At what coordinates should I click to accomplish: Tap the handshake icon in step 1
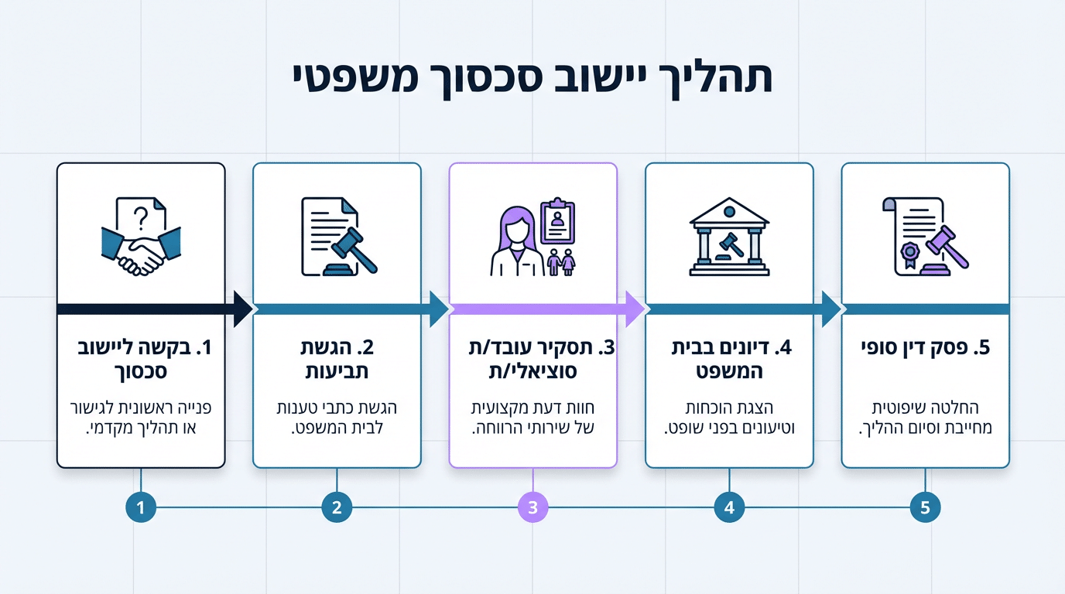pyautogui.click(x=142, y=253)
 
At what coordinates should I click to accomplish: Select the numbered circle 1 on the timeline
pyautogui.click(x=141, y=508)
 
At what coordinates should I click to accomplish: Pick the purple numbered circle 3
pyautogui.click(x=532, y=508)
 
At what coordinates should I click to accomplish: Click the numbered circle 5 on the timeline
pyautogui.click(x=925, y=508)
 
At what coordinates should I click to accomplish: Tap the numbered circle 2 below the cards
pyautogui.click(x=337, y=508)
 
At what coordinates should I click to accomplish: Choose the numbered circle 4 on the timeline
pyautogui.click(x=729, y=508)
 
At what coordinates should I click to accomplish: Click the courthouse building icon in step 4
pyautogui.click(x=729, y=237)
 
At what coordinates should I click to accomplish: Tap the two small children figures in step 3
pyautogui.click(x=562, y=262)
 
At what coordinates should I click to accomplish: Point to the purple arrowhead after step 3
pyautogui.click(x=635, y=309)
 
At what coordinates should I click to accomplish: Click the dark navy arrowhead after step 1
pyautogui.click(x=242, y=309)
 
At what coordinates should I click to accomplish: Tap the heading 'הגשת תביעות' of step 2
pyautogui.click(x=337, y=360)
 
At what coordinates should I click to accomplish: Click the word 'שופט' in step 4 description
pyautogui.click(x=683, y=428)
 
